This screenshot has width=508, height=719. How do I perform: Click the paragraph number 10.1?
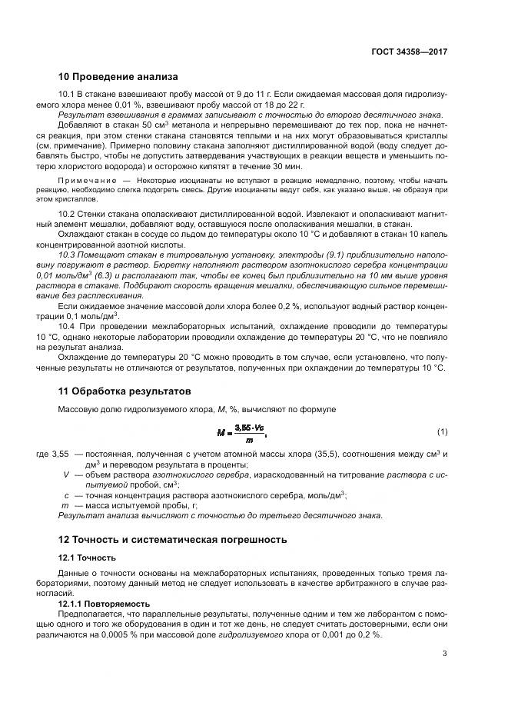click(66, 94)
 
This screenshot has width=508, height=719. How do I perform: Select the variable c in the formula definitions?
click(67, 496)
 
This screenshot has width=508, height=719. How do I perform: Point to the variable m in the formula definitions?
click(66, 506)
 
